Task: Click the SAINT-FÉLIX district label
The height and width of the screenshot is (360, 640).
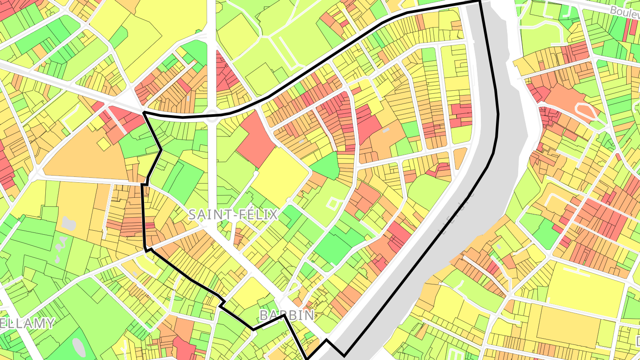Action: (x=233, y=215)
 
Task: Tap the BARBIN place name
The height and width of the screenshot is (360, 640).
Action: (x=286, y=315)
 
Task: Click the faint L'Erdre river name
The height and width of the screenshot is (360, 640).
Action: (x=456, y=213)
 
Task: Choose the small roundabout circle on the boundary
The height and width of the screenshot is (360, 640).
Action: (x=212, y=116)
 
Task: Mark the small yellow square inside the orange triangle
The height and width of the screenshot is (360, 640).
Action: (x=103, y=144)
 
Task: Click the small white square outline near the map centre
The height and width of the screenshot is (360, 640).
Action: (x=332, y=204)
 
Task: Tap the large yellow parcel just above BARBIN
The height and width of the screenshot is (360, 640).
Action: (x=250, y=294)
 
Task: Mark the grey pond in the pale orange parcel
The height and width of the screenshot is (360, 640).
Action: (x=68, y=223)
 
